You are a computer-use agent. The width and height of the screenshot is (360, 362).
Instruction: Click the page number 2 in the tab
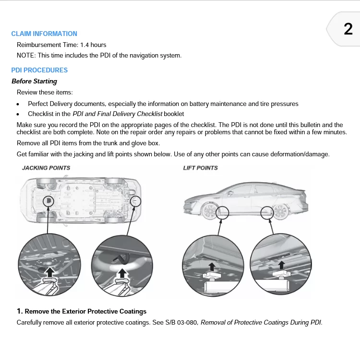348,29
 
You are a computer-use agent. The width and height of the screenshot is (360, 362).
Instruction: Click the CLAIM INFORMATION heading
44,34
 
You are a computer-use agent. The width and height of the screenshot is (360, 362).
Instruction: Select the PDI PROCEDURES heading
39,70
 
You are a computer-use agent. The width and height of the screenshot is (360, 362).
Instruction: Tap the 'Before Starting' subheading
34,82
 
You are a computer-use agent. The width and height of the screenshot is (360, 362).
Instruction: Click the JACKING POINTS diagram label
46,168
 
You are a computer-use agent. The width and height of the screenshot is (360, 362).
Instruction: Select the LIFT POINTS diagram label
200,168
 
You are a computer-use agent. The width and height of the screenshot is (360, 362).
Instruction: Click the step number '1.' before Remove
20,312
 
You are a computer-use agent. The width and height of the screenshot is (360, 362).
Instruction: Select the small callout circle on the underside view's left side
48,201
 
